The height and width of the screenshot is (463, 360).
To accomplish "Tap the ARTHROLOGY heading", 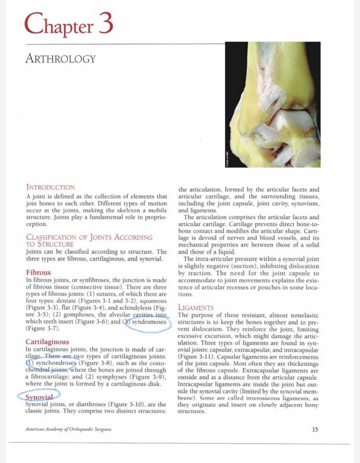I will pos(61,59).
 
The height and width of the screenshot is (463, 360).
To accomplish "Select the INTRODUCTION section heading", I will pos(50,187).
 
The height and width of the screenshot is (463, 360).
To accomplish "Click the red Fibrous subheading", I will pos(38,273).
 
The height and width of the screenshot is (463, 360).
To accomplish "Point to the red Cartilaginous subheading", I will pos(47,342).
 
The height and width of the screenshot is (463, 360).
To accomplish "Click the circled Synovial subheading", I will pos(38,397).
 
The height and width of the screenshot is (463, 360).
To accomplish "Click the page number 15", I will pos(315,430).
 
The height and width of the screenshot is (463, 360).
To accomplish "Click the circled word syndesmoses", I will pos(149,322).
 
